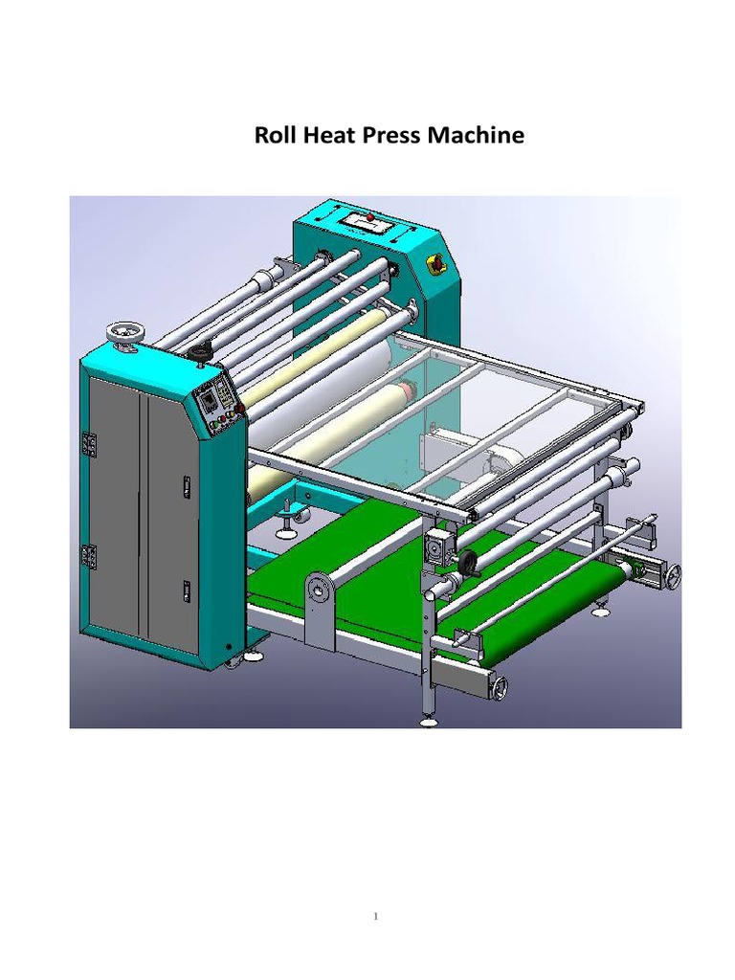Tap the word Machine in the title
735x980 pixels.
(479, 135)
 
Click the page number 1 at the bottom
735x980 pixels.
(376, 917)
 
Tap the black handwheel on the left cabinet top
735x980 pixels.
(200, 353)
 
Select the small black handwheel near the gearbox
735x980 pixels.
(470, 563)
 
